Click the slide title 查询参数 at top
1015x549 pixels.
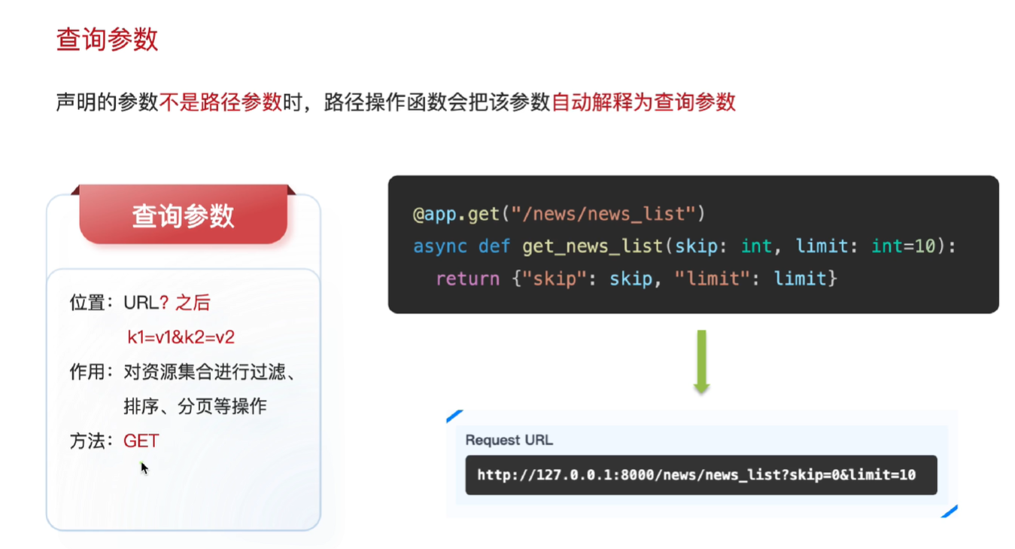point(107,40)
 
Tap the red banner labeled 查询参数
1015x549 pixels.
point(183,216)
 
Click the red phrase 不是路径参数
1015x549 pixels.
point(220,102)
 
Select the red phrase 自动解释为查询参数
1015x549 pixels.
point(643,102)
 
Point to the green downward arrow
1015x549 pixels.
point(701,361)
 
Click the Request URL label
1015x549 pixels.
point(509,440)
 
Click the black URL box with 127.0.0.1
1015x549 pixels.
point(700,475)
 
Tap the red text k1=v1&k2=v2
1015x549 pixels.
point(181,337)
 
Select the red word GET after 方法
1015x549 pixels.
point(141,441)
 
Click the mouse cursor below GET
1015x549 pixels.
point(144,468)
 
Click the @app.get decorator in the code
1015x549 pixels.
point(456,214)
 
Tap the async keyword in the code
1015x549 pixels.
point(439,246)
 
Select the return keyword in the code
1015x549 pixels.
point(467,279)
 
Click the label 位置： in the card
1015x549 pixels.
point(90,303)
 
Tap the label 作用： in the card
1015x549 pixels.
point(90,372)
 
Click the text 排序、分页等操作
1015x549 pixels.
point(195,407)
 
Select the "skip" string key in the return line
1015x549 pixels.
point(555,279)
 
